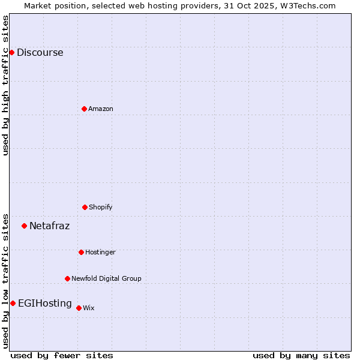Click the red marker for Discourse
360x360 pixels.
click(x=11, y=52)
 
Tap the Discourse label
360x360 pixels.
click(x=40, y=52)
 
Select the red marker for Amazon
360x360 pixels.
click(x=84, y=109)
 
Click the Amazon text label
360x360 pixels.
click(x=101, y=109)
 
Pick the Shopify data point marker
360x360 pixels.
click(x=85, y=207)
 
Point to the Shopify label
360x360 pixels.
click(x=101, y=207)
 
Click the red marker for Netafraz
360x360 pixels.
click(x=24, y=226)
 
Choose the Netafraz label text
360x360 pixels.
click(x=49, y=226)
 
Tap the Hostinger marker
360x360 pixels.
click(x=81, y=252)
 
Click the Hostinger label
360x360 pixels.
click(x=100, y=252)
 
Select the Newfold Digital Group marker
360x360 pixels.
click(x=67, y=278)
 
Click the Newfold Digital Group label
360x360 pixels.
click(x=106, y=278)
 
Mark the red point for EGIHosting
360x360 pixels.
click(x=13, y=303)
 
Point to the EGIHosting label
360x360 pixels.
click(x=44, y=303)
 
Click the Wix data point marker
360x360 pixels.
click(x=79, y=308)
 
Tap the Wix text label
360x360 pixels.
click(x=89, y=308)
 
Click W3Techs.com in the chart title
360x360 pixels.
click(x=310, y=5)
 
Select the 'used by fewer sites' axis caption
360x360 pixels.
click(x=62, y=355)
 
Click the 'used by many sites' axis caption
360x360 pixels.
click(x=301, y=355)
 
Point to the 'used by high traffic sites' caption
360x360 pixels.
click(x=5, y=85)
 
